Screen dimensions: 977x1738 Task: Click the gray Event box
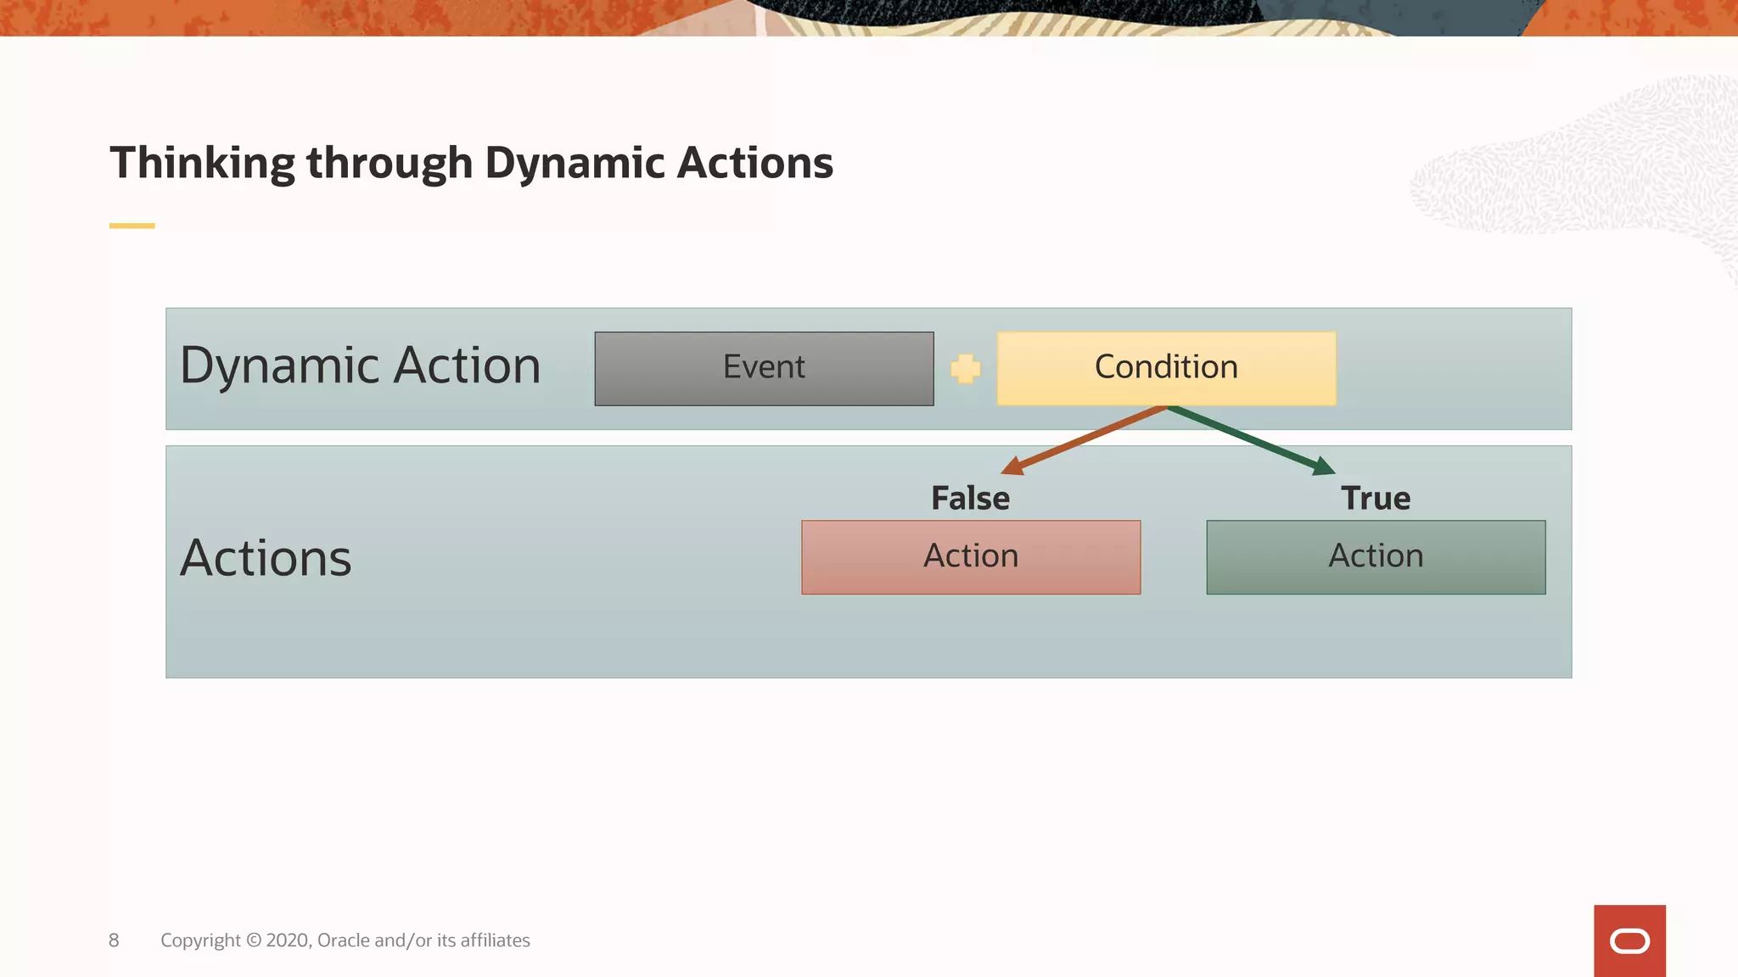click(x=764, y=368)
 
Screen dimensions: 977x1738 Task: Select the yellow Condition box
click(x=1166, y=368)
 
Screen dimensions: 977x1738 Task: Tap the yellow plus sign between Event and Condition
click(x=965, y=368)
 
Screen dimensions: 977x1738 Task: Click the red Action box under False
click(x=971, y=557)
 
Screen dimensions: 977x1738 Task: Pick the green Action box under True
click(x=1376, y=557)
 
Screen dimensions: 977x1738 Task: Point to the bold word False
click(x=970, y=498)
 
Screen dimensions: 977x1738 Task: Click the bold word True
click(x=1376, y=498)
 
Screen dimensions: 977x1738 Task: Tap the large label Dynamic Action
click(x=360, y=366)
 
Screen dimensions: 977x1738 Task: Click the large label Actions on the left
click(x=266, y=558)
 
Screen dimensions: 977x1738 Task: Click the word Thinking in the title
click(x=202, y=163)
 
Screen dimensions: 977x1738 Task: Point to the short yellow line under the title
click(x=132, y=226)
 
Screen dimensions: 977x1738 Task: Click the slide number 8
click(x=114, y=940)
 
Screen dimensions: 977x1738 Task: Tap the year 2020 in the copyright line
click(x=289, y=940)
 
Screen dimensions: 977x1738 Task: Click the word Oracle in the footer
click(x=343, y=940)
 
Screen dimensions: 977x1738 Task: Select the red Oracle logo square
click(x=1629, y=941)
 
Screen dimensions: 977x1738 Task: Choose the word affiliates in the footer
click(x=495, y=940)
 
